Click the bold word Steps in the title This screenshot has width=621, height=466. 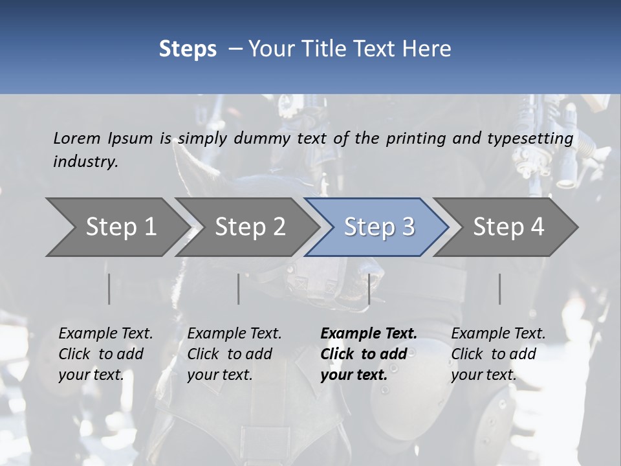point(188,49)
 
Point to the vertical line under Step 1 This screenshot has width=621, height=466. point(109,289)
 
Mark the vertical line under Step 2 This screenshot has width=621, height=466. point(239,289)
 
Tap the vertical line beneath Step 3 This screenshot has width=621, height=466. point(369,289)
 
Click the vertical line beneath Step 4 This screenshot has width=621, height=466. point(499,289)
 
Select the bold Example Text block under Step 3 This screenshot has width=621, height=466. point(369,354)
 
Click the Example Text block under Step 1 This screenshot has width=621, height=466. point(105,354)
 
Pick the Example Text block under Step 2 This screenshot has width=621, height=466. point(234,354)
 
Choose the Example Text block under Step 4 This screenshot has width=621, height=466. point(498,354)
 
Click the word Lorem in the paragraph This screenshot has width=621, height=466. point(76,139)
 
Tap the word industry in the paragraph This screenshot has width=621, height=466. point(85,162)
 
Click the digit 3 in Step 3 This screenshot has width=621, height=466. point(408,227)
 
